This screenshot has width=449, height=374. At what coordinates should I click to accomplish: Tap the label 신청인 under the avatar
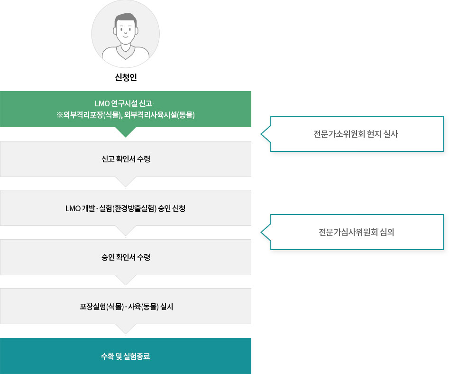126,77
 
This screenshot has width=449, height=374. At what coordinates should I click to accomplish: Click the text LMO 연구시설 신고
123,103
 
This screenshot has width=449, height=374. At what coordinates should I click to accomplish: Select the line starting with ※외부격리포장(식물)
126,115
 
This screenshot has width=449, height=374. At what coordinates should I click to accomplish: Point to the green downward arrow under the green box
126,132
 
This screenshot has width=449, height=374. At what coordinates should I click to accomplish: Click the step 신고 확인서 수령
126,159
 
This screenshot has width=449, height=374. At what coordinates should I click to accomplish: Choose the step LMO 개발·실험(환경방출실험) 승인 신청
126,208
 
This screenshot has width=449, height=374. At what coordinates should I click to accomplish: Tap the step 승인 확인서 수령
126,257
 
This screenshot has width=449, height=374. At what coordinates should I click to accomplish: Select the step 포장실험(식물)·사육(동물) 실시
126,306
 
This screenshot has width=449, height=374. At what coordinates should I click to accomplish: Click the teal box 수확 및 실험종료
126,356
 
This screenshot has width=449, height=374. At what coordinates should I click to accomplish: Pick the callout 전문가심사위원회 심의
357,232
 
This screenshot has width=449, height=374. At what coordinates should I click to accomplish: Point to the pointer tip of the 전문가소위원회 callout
261,134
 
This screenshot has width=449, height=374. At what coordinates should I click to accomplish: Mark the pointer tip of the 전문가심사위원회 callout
261,232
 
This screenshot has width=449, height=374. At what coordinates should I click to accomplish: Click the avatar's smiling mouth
126,37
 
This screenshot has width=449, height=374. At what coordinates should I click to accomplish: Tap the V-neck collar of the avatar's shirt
126,54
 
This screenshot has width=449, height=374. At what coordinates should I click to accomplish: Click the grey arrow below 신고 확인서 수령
126,182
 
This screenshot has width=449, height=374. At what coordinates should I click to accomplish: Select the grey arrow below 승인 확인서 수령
126,280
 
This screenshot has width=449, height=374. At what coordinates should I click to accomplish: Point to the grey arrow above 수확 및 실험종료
126,329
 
